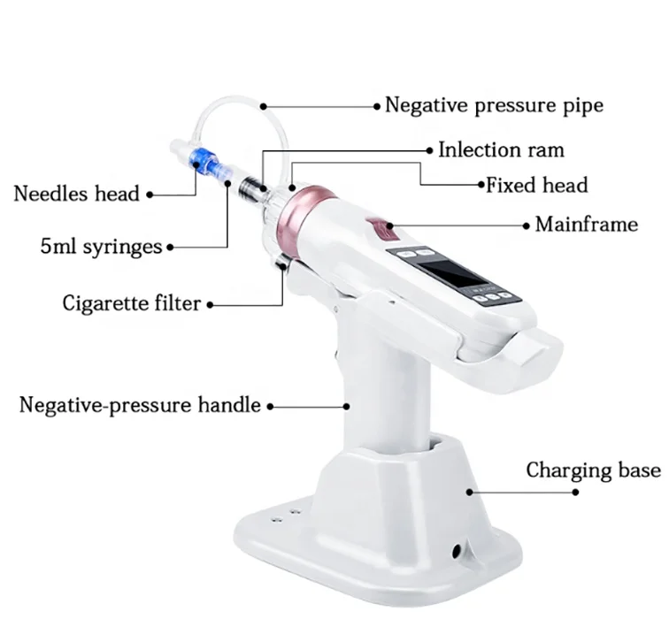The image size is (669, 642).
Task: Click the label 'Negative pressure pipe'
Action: tap(494, 105)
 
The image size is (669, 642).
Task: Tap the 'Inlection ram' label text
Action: tap(501, 149)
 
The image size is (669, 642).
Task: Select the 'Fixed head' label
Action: tap(536, 186)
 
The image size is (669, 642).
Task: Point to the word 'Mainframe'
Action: tap(586, 224)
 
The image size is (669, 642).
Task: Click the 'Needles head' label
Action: tap(76, 193)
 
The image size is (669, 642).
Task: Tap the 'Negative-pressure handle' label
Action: tap(140, 406)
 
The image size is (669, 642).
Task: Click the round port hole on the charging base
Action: tap(458, 550)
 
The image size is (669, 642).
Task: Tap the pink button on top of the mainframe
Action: tap(381, 233)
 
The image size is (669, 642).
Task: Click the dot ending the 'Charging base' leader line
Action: tap(470, 486)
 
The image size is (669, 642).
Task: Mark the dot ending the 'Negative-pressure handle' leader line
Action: tap(346, 407)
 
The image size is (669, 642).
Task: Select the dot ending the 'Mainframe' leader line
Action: tap(388, 224)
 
